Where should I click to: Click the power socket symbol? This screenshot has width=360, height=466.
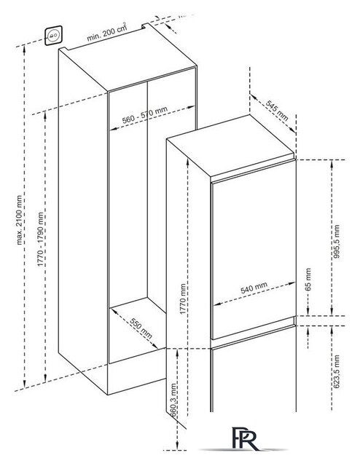pos(53,36)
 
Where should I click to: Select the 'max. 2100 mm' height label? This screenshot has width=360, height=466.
pos(20,220)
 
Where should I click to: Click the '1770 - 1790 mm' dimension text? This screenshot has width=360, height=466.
pos(41,240)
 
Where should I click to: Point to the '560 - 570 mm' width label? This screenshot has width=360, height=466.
pos(145,115)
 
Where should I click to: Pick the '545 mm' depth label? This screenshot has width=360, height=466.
pos(277,111)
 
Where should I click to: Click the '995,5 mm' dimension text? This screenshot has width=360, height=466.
pos(336,241)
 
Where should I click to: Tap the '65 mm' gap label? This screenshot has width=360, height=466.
pos(308,280)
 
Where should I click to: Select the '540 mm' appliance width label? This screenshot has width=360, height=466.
pos(254,288)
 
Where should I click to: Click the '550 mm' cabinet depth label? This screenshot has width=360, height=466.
pos(141,328)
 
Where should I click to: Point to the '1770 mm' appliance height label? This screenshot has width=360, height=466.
pos(183,299)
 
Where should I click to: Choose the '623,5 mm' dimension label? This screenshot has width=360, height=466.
pos(336,371)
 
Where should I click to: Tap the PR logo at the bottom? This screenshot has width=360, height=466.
pos(245,438)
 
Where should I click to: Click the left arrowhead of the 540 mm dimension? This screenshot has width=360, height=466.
pos(217,304)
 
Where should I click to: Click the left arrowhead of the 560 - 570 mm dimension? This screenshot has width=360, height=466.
pos(113,129)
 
